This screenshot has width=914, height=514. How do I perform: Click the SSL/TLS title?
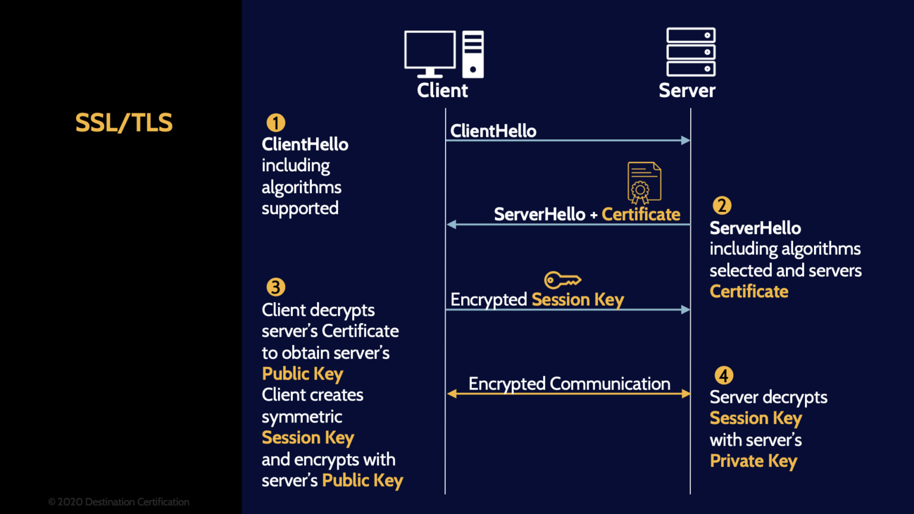124,123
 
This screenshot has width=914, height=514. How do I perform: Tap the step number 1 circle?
276,123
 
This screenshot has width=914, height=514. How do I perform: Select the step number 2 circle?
722,206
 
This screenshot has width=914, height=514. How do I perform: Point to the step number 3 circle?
276,287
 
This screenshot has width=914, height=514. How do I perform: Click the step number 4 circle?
724,376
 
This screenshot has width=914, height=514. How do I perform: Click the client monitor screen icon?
430,52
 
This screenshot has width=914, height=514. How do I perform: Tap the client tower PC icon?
473,54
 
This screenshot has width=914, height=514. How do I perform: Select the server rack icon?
691,52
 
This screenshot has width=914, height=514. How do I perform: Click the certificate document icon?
644,183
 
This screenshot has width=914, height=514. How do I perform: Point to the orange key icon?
562,280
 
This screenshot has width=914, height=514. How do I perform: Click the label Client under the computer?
442,90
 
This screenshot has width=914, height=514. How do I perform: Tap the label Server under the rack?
687,90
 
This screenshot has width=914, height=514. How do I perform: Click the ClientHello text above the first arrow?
493,131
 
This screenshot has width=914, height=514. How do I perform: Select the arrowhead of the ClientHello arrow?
686,140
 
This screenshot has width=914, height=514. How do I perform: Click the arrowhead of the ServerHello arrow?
451,224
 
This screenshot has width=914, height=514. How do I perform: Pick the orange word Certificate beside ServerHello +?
641,214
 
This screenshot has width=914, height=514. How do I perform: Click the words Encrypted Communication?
569,384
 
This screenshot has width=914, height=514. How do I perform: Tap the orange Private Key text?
753,461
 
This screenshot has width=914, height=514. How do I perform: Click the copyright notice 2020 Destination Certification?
119,502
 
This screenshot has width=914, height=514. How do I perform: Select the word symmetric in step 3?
302,416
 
